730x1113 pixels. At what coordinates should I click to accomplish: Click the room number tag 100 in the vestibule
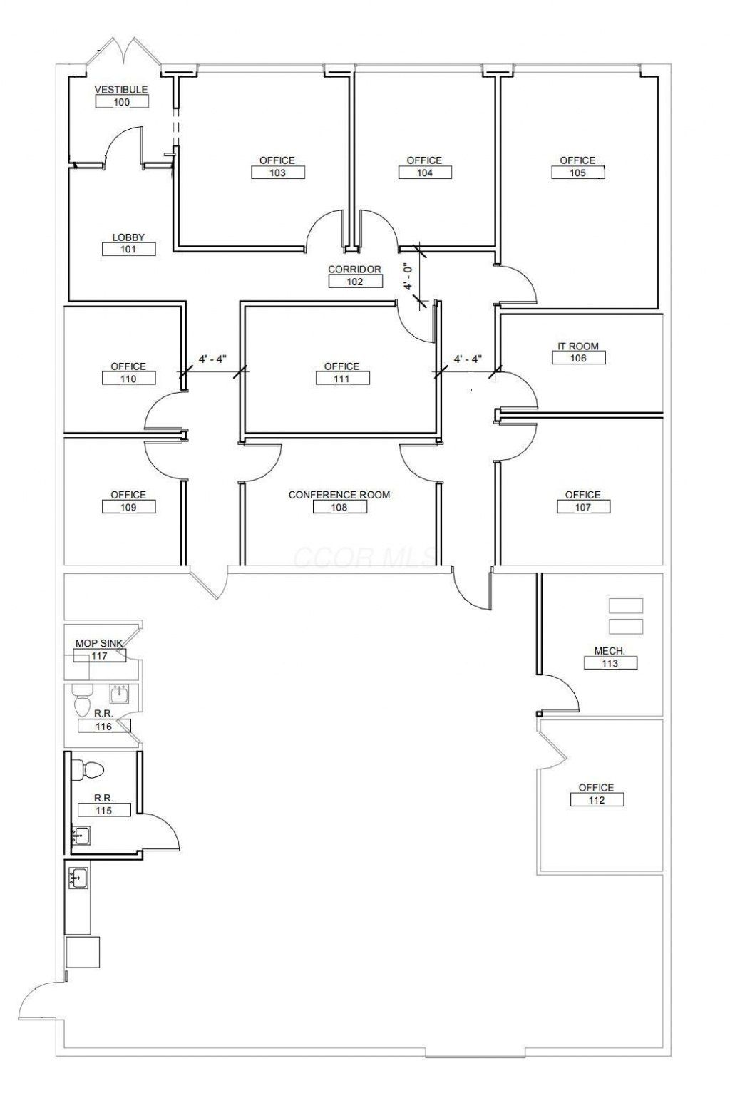click(122, 102)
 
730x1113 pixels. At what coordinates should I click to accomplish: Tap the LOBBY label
click(128, 237)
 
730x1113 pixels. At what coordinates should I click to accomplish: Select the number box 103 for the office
click(278, 173)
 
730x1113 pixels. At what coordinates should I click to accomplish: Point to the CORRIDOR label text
click(354, 270)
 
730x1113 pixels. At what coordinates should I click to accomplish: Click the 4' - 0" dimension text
click(408, 276)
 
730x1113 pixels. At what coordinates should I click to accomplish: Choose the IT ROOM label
click(578, 346)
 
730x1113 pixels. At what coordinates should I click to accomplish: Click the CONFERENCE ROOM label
click(339, 495)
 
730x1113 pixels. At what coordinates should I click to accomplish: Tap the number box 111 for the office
click(342, 379)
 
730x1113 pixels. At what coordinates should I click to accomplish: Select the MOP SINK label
click(99, 643)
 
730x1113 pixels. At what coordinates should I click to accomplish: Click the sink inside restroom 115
click(81, 835)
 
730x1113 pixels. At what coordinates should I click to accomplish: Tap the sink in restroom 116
click(119, 694)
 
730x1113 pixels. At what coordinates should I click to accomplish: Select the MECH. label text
click(610, 651)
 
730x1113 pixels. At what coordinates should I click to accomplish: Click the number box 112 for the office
click(597, 800)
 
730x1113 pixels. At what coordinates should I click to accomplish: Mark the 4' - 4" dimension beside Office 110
click(212, 359)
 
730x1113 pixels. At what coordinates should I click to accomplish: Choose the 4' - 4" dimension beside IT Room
click(468, 359)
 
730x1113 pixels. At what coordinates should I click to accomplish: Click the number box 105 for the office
click(578, 173)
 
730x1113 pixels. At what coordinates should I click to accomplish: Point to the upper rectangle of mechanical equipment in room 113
click(626, 605)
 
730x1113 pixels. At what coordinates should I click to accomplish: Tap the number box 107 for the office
click(583, 507)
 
